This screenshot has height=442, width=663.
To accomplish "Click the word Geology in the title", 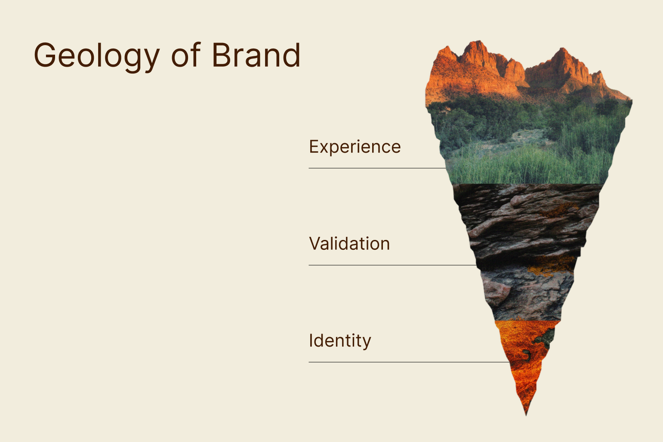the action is tap(97, 56).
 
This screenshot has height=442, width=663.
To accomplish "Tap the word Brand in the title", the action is tap(256, 55).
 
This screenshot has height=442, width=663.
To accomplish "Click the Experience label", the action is tap(355, 147).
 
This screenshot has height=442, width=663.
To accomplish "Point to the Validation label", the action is tap(349, 243).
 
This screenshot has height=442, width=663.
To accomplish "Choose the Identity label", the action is tap(340, 341).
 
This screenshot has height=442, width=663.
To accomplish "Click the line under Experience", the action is tap(377, 168).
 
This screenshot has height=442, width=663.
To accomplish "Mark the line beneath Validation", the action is tap(392, 265).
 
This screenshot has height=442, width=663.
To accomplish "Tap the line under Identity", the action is tap(409, 362).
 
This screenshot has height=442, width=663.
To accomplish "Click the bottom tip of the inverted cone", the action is tap(526, 415).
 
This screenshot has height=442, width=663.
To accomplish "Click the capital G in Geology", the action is tap(45, 55).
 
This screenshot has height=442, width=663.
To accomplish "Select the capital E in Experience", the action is tap(314, 147).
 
